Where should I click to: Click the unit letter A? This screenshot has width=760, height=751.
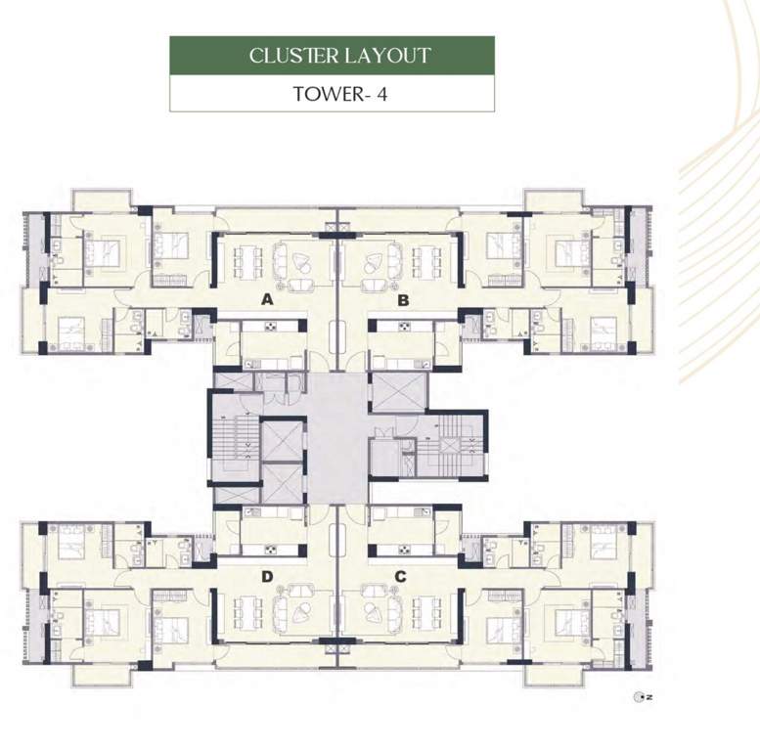[x=267, y=300]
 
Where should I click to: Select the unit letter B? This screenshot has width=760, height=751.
[x=403, y=300]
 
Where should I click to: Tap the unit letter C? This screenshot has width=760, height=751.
[x=401, y=576]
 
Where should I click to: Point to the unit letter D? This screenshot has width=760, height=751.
[x=267, y=576]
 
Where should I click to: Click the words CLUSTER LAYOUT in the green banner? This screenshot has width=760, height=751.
[x=338, y=55]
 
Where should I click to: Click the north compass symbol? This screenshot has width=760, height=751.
[x=641, y=697]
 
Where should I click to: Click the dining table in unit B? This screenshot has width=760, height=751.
[x=425, y=261]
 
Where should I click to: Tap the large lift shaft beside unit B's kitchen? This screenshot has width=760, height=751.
[x=399, y=391]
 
